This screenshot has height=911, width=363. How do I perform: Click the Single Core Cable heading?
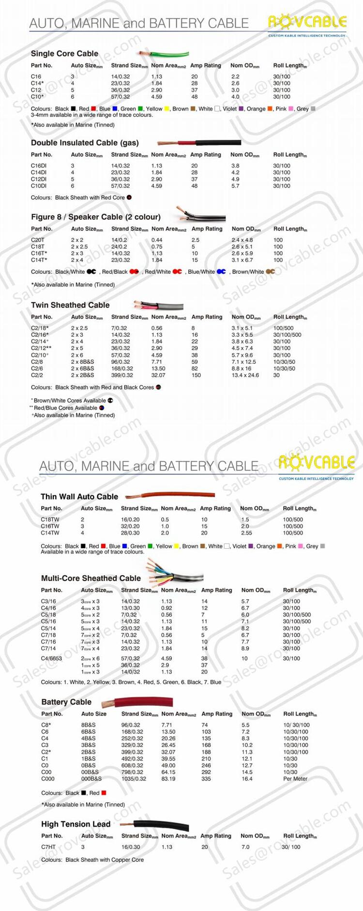click(x=64, y=54)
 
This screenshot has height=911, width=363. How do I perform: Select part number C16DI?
click(x=39, y=166)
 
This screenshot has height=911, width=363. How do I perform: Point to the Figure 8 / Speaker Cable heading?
click(x=96, y=217)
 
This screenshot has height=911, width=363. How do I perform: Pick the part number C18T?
click(x=38, y=247)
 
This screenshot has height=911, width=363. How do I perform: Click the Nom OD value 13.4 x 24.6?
click(x=245, y=375)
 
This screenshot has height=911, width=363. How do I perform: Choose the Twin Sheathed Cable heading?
click(x=70, y=305)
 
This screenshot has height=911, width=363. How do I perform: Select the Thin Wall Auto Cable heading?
click(x=79, y=497)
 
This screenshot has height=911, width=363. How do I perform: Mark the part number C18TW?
click(x=50, y=520)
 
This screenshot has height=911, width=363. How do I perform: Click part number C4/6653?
click(x=51, y=658)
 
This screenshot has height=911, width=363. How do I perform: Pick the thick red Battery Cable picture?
click(x=138, y=702)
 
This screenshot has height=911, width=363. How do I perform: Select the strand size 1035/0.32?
click(x=134, y=779)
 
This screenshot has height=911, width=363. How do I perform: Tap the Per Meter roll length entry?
click(x=295, y=779)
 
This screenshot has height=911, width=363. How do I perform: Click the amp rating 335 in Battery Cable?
click(x=206, y=779)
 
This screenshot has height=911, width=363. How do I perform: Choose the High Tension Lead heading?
click(x=76, y=824)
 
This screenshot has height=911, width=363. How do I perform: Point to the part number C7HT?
click(x=48, y=847)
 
